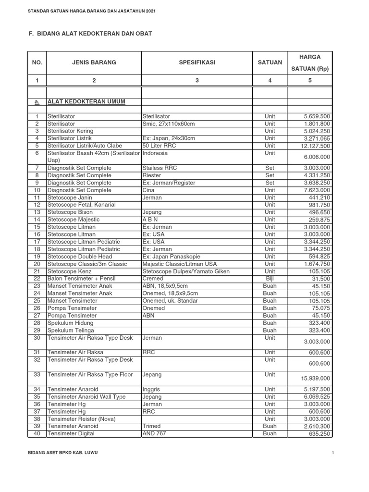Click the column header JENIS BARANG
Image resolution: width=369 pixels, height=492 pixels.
pos(94,62)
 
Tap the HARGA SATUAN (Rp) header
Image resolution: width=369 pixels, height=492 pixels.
pos(310,62)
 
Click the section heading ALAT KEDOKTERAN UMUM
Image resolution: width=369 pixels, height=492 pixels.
pos(86,102)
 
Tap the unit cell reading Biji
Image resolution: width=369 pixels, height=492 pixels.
pos(270,279)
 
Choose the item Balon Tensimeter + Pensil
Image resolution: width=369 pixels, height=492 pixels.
pos(81,279)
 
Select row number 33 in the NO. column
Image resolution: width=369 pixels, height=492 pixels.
pos(37,374)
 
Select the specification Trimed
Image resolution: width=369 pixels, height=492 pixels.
pos(152,426)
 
